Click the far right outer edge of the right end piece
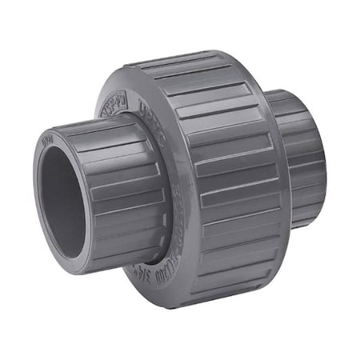pos(325,160)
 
